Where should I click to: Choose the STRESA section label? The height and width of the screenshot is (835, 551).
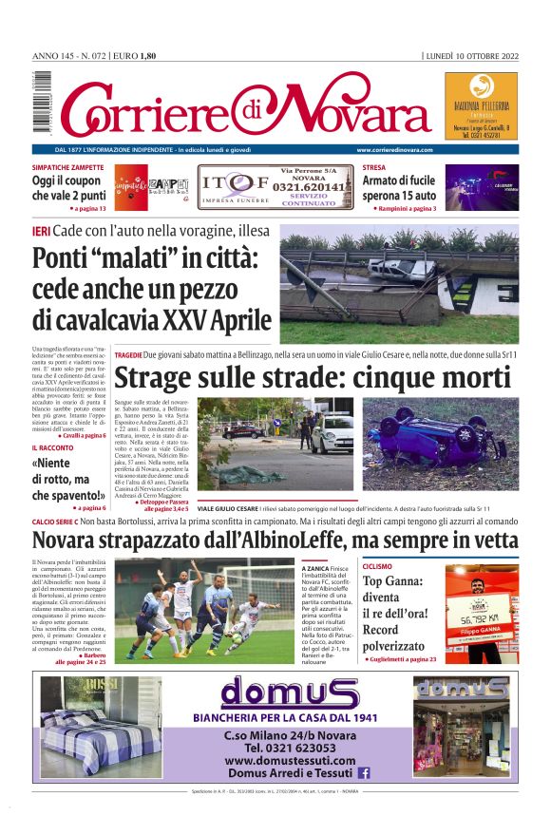coord(374,167)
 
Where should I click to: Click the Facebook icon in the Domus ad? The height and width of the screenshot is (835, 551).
coord(363,773)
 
